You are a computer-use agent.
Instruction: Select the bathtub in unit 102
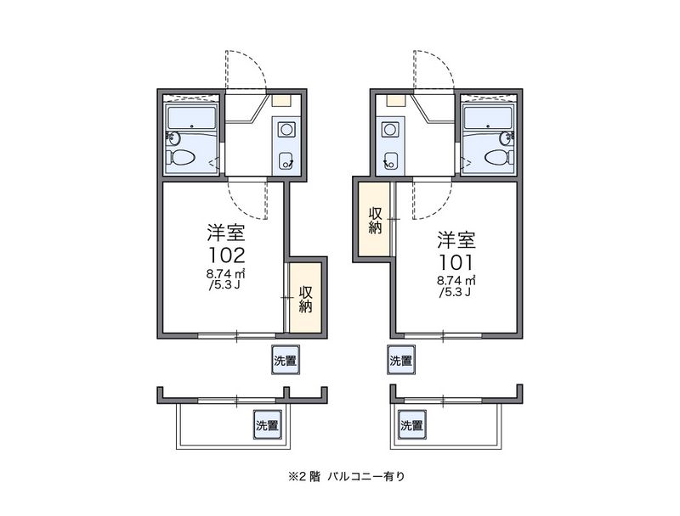pos(193,117)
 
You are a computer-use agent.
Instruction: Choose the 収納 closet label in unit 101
pos(376,220)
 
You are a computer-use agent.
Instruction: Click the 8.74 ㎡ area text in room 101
pos(456,279)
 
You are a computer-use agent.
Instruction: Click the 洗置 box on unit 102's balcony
pos(268,425)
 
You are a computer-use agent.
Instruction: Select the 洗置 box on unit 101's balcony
pos(411,425)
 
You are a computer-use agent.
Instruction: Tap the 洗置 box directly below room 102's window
pos(285,360)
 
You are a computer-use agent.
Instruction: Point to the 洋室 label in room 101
pos(456,238)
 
